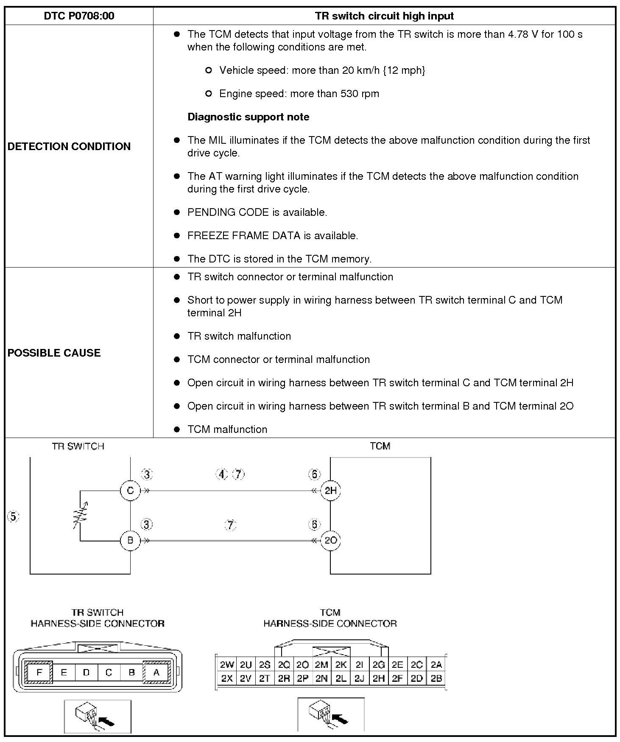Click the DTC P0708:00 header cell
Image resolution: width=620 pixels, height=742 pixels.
point(79,16)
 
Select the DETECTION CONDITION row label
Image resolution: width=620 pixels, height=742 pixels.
point(69,146)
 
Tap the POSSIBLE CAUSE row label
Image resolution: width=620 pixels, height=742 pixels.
point(54,353)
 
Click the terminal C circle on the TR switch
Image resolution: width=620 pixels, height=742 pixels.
point(130,491)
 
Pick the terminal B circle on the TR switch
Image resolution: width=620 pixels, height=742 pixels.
point(130,541)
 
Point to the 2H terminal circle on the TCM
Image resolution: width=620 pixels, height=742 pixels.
point(330,491)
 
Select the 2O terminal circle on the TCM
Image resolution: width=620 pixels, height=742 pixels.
point(330,541)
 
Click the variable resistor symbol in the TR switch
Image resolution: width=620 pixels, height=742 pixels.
point(81,516)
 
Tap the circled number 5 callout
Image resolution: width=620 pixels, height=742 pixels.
point(13,516)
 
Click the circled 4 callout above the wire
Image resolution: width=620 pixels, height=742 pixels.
point(222,474)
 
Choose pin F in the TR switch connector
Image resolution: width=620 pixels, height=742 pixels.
point(39,672)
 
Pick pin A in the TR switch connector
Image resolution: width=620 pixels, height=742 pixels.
point(156,672)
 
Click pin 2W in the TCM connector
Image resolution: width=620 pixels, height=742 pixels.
point(227,665)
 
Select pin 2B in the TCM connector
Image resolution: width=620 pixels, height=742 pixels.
point(436,678)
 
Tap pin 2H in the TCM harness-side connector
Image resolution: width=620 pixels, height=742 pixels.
point(378,678)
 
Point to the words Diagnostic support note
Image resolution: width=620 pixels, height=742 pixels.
point(249,117)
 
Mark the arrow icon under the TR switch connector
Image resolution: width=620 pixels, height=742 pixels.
point(98,716)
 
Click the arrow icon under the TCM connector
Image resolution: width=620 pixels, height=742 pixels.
point(331,715)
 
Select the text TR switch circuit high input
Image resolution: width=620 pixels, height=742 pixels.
point(384,16)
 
